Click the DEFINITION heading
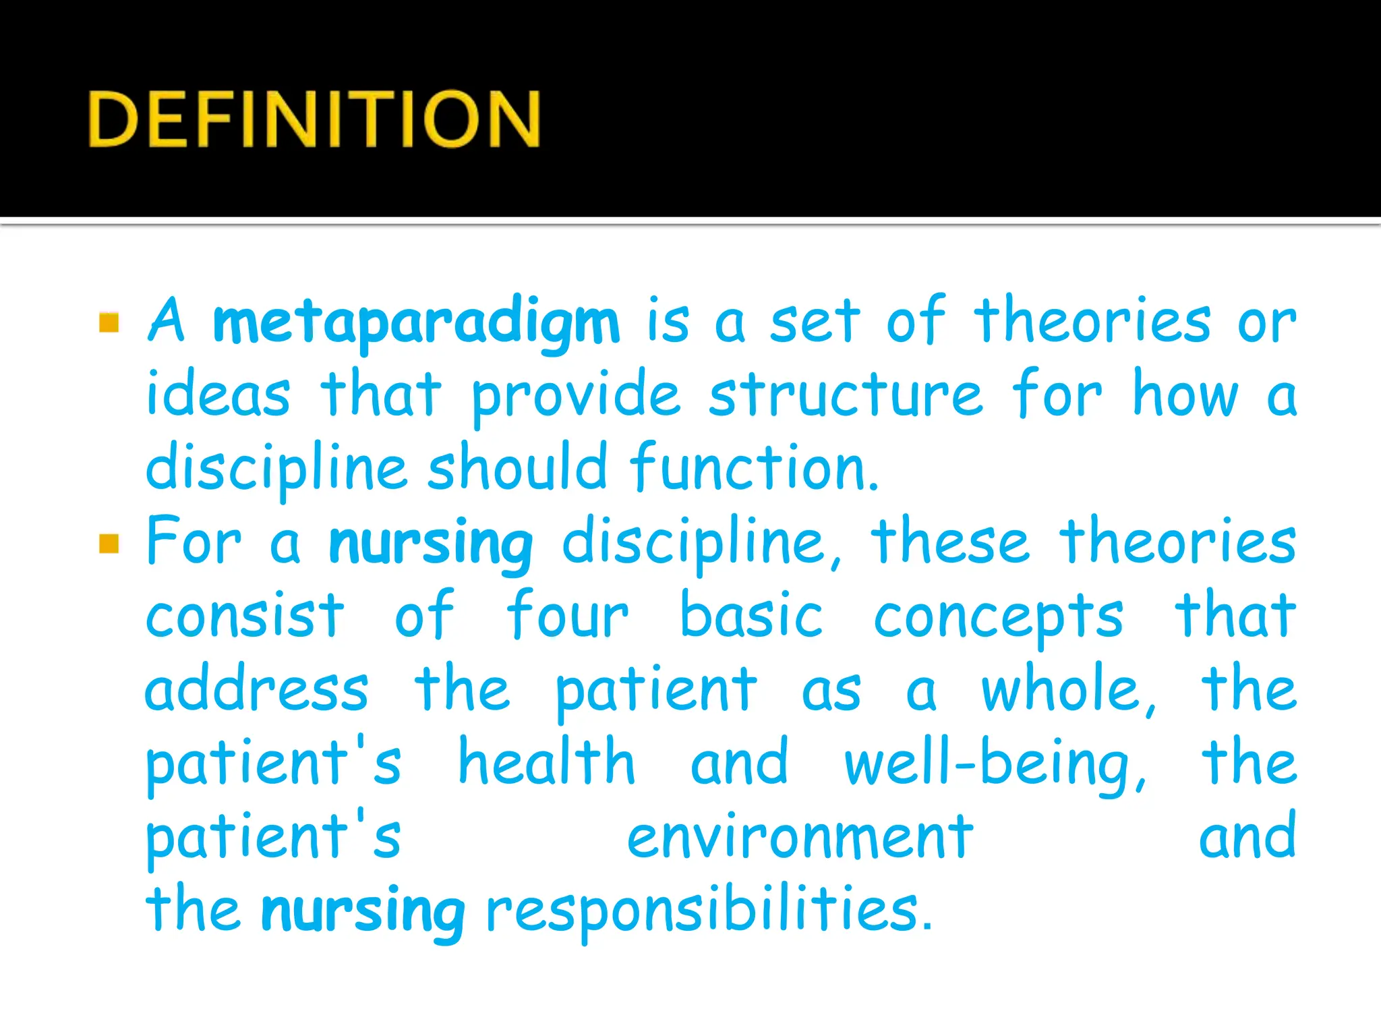click(314, 119)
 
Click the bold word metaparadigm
click(416, 323)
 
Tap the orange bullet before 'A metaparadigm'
click(109, 323)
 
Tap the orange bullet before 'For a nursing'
click(109, 543)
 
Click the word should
click(517, 467)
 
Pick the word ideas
click(218, 396)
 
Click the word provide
click(576, 398)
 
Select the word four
click(568, 616)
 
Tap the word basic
click(751, 616)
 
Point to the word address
click(257, 690)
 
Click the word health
click(547, 763)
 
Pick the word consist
click(245, 616)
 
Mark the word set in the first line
click(815, 323)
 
